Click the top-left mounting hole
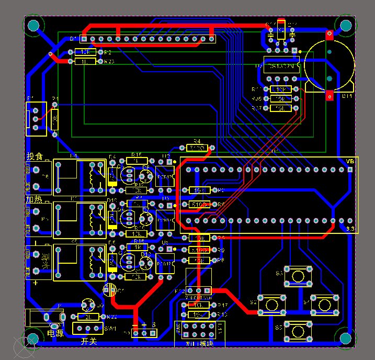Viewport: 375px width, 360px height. point(33,25)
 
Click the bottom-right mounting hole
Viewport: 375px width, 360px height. point(345,338)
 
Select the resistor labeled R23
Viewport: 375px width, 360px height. point(85,61)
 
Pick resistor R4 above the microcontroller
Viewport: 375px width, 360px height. point(197,149)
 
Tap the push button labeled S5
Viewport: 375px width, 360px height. point(298,331)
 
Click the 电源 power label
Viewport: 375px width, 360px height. point(55,332)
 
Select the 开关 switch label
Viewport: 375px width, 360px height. point(88,341)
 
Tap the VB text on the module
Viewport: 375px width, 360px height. point(350,161)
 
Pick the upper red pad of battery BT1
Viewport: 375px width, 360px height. point(329,35)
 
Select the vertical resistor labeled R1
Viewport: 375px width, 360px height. point(55,120)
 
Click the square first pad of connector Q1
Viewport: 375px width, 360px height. point(84,39)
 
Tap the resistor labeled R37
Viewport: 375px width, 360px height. point(281,108)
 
